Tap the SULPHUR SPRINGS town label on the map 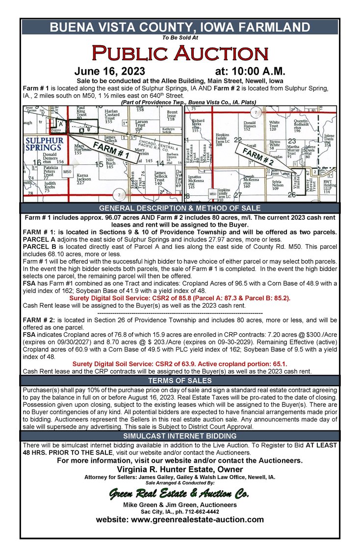[x=44, y=143]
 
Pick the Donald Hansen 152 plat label [x=250, y=126]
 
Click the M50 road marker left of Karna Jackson [x=67, y=172]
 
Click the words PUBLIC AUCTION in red [x=180, y=53]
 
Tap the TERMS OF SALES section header [x=180, y=380]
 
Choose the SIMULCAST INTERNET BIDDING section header [x=180, y=435]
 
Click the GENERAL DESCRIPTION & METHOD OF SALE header [x=180, y=208]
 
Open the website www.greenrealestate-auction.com [x=180, y=519]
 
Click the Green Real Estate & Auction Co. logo [x=180, y=493]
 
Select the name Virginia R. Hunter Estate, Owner [x=180, y=469]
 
